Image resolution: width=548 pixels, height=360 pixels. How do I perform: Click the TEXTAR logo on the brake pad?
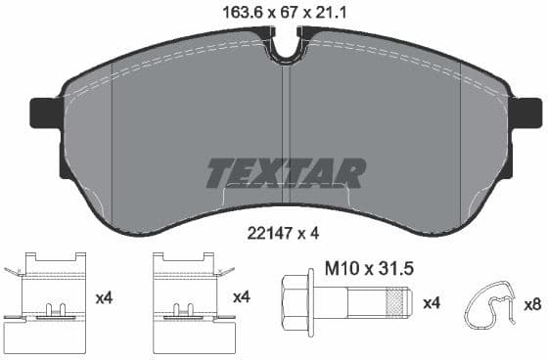pos(285,172)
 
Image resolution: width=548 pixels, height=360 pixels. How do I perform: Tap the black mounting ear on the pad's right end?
pos(525,112)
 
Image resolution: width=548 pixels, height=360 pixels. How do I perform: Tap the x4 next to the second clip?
pos(240,295)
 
